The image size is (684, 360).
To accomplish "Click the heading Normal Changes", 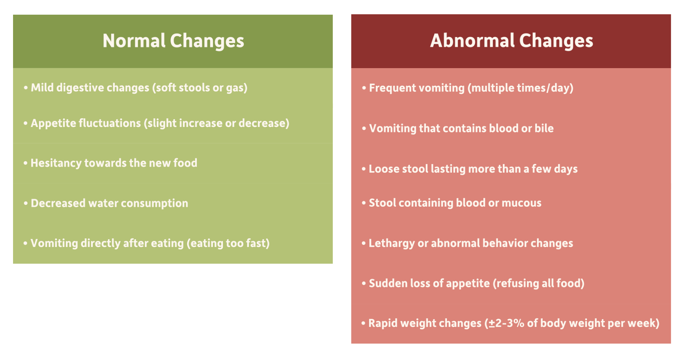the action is point(173,41).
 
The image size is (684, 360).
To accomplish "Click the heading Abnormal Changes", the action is point(512,41).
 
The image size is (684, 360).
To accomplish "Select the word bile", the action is point(544,128).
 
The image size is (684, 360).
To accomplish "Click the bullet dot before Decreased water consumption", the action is point(26,204).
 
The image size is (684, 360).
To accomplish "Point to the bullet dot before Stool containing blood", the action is point(364,203).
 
